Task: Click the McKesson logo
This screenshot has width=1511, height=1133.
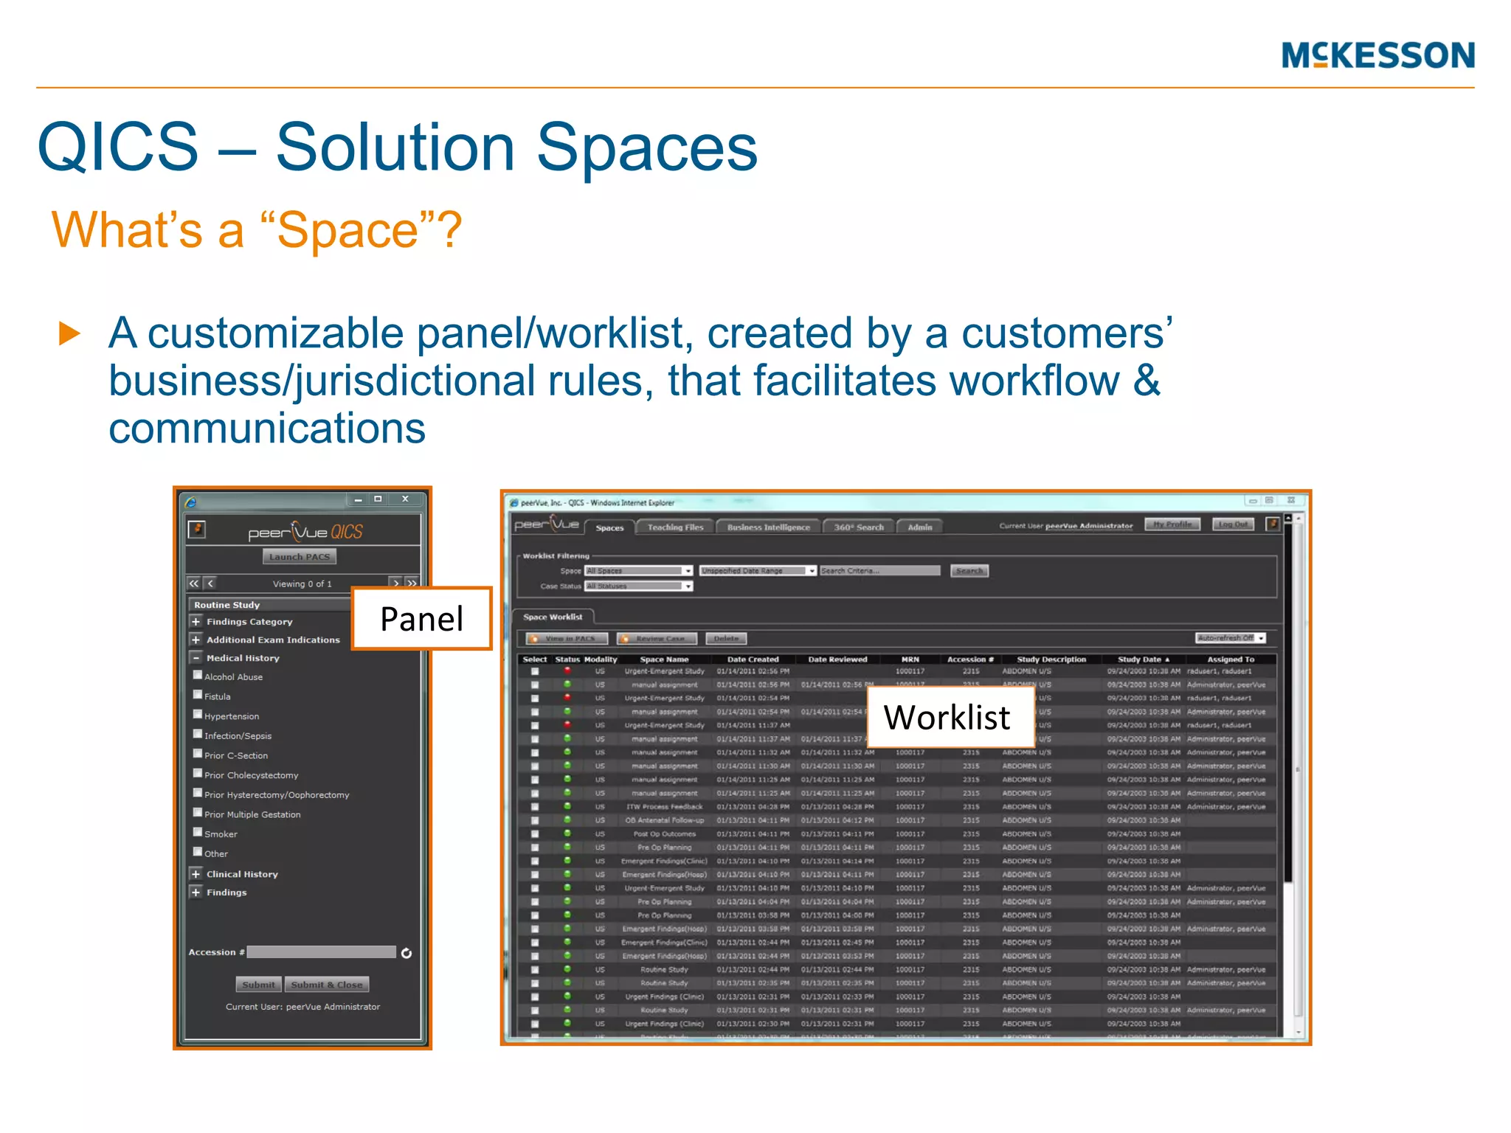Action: click(x=1377, y=55)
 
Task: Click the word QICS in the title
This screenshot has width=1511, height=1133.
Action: click(x=118, y=148)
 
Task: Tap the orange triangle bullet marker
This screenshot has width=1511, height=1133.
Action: click(x=69, y=333)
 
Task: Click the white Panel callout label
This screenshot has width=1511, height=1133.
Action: click(x=421, y=618)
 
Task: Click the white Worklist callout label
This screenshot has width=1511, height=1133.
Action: click(x=947, y=717)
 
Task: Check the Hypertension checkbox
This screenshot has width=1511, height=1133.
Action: click(x=198, y=714)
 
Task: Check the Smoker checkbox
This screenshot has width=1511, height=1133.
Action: click(x=198, y=832)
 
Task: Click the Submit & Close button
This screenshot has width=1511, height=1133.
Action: click(x=326, y=985)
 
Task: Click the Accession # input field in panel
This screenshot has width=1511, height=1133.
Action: click(x=322, y=952)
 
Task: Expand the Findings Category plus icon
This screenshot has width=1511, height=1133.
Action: click(x=196, y=622)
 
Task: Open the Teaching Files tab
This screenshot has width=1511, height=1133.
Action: click(x=675, y=527)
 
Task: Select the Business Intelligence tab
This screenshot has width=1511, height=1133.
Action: click(x=768, y=527)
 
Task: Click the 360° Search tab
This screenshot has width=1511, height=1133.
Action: click(x=858, y=527)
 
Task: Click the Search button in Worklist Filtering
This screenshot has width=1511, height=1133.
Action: click(x=969, y=571)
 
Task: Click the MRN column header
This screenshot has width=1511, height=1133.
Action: click(x=910, y=659)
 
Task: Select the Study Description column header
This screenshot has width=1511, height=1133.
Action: click(x=1051, y=659)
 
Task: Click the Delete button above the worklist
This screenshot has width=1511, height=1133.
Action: click(x=726, y=639)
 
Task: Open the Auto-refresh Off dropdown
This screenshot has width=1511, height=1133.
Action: click(x=1230, y=638)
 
